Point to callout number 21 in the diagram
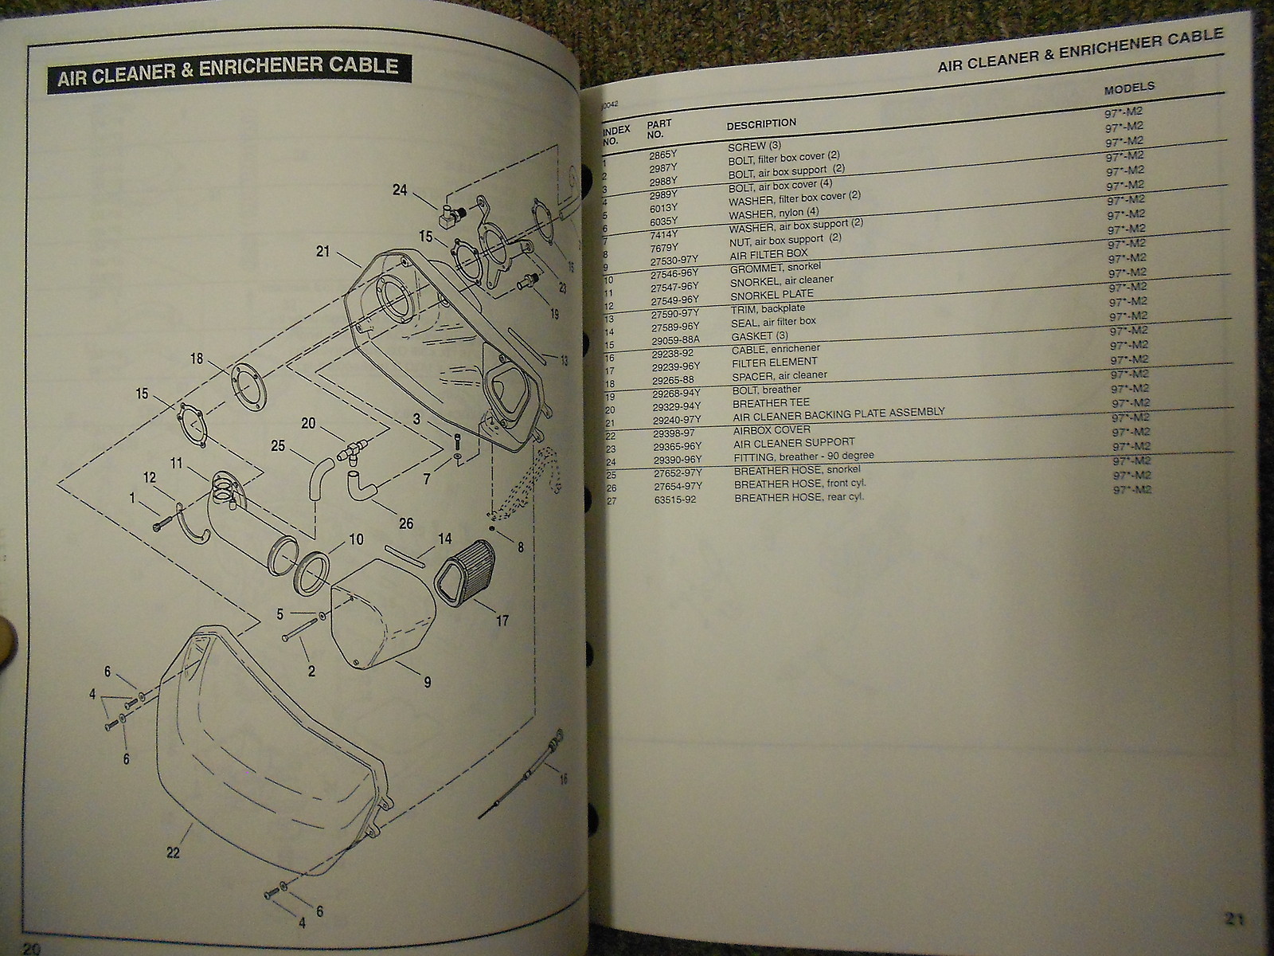click(322, 252)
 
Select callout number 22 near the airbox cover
click(174, 853)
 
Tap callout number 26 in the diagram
click(406, 523)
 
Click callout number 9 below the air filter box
click(427, 681)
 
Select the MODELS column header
click(1129, 88)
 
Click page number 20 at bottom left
click(32, 947)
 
